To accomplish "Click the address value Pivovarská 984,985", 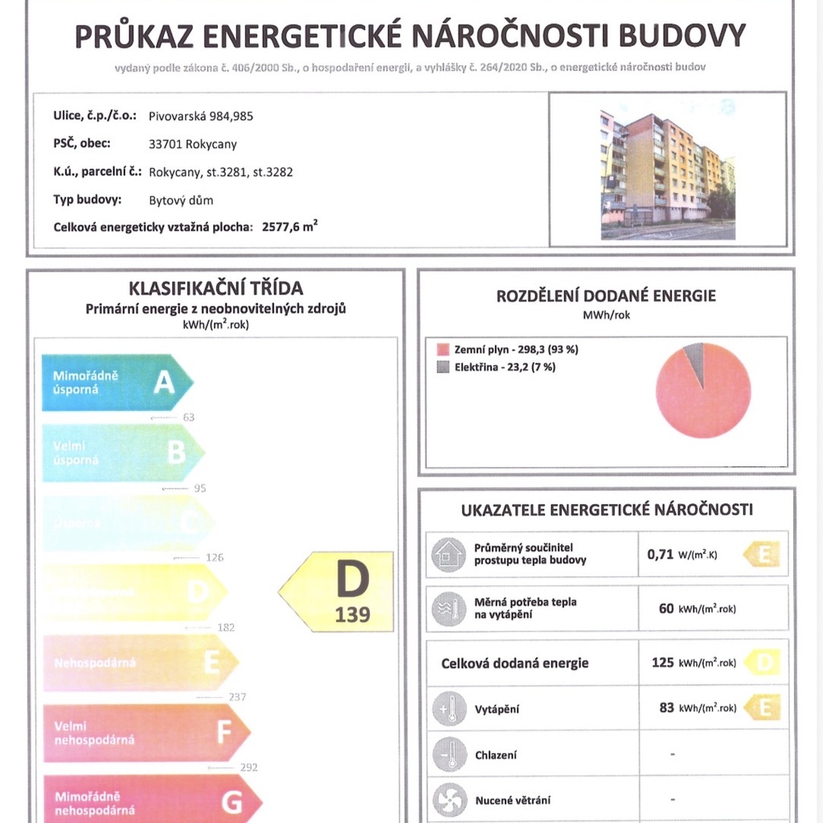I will (201, 116).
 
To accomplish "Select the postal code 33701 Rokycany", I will (193, 145).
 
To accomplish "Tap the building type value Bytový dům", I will (181, 200).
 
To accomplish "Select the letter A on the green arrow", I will (164, 383).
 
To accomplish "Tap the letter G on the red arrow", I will (231, 802).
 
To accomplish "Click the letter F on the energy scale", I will (224, 732).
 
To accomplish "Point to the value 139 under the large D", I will (353, 615).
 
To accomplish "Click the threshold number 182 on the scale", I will (226, 628).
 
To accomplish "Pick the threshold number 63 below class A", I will (189, 417).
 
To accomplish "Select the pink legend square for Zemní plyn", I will (442, 350).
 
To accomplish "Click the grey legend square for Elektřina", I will (442, 367).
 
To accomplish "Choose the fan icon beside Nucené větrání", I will (448, 800).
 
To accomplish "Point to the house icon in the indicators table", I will (448, 554).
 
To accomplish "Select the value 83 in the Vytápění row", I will (666, 708).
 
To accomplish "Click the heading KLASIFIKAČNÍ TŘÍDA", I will (216, 289).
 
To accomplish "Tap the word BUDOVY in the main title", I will (684, 36).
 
